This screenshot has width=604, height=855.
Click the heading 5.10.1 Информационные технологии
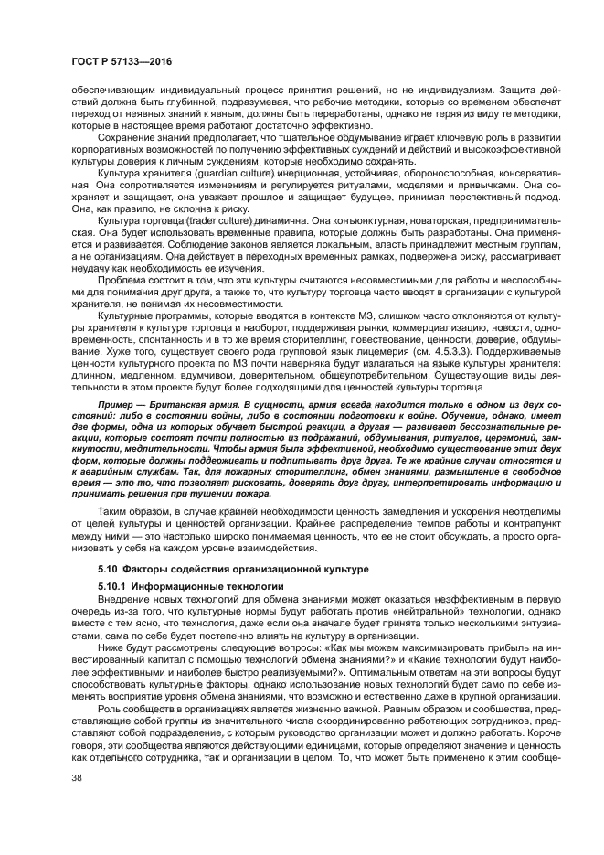183,583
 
